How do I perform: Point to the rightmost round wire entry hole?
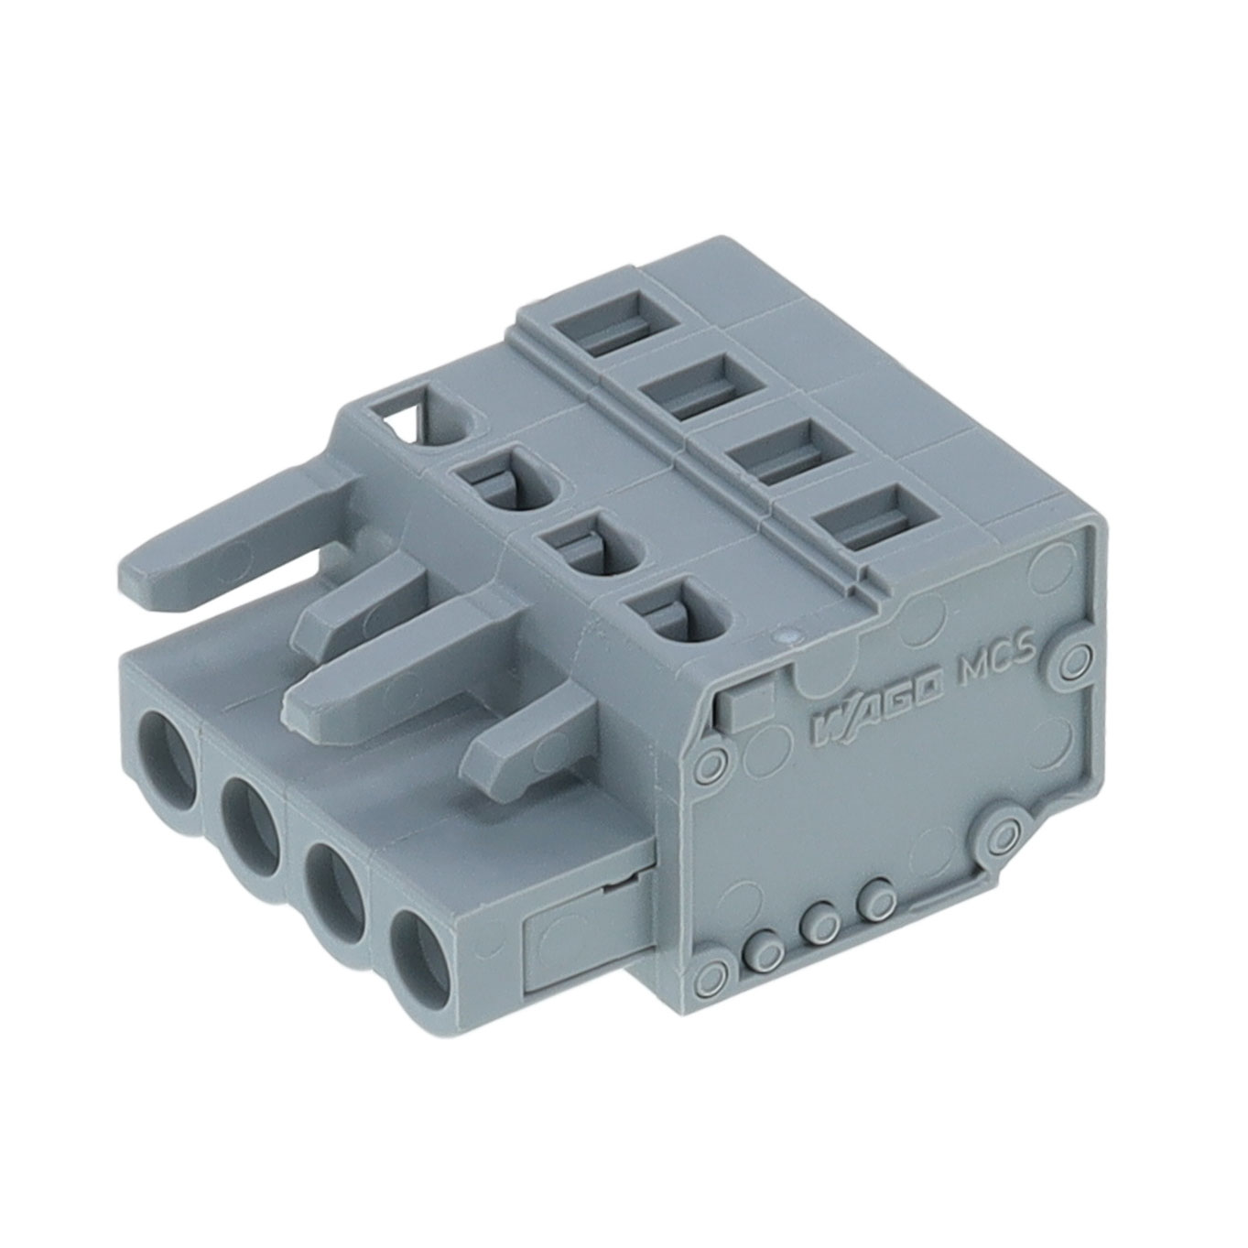tap(424, 957)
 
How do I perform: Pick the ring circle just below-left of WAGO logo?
tap(712, 762)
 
